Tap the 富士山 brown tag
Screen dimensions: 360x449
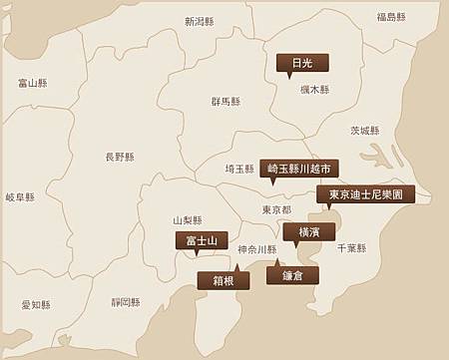point(203,240)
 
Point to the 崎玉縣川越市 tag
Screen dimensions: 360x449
point(298,169)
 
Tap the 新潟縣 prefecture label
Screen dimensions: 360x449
point(200,21)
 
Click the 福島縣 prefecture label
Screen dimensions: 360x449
point(391,17)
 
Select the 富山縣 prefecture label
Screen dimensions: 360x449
point(32,83)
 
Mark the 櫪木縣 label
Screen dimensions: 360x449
point(314,90)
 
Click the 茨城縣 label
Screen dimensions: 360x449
point(365,131)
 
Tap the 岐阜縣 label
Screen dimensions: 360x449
point(20,197)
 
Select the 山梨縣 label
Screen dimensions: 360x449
point(188,220)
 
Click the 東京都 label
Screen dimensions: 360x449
point(276,210)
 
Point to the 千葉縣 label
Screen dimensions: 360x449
point(351,248)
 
